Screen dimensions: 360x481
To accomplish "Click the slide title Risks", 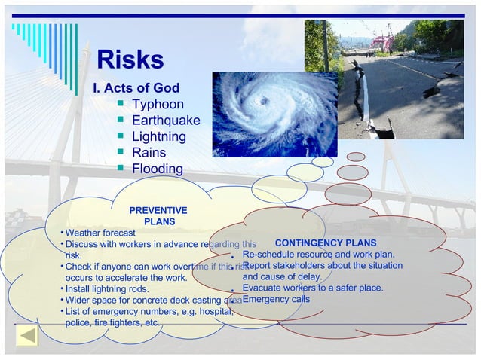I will [x=130, y=60].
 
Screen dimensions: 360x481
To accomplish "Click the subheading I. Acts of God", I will [x=136, y=88].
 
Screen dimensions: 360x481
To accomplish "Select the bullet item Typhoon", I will [x=157, y=105].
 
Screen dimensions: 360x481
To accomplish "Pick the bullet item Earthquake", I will [x=166, y=121].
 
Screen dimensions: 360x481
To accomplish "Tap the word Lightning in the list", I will [x=158, y=136].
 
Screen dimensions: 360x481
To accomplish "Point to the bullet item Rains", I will [x=149, y=152].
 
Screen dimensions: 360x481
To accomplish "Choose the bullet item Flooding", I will [x=157, y=169].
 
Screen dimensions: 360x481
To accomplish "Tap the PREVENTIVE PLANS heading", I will [x=158, y=216].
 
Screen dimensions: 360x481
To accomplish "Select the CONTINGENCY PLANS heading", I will [x=326, y=243].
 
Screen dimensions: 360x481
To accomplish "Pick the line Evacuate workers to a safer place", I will [x=312, y=288].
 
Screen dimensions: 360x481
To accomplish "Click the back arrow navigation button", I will [x=27, y=336].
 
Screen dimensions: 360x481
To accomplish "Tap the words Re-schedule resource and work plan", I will [x=318, y=255].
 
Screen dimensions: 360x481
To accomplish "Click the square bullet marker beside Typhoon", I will [x=120, y=104].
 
